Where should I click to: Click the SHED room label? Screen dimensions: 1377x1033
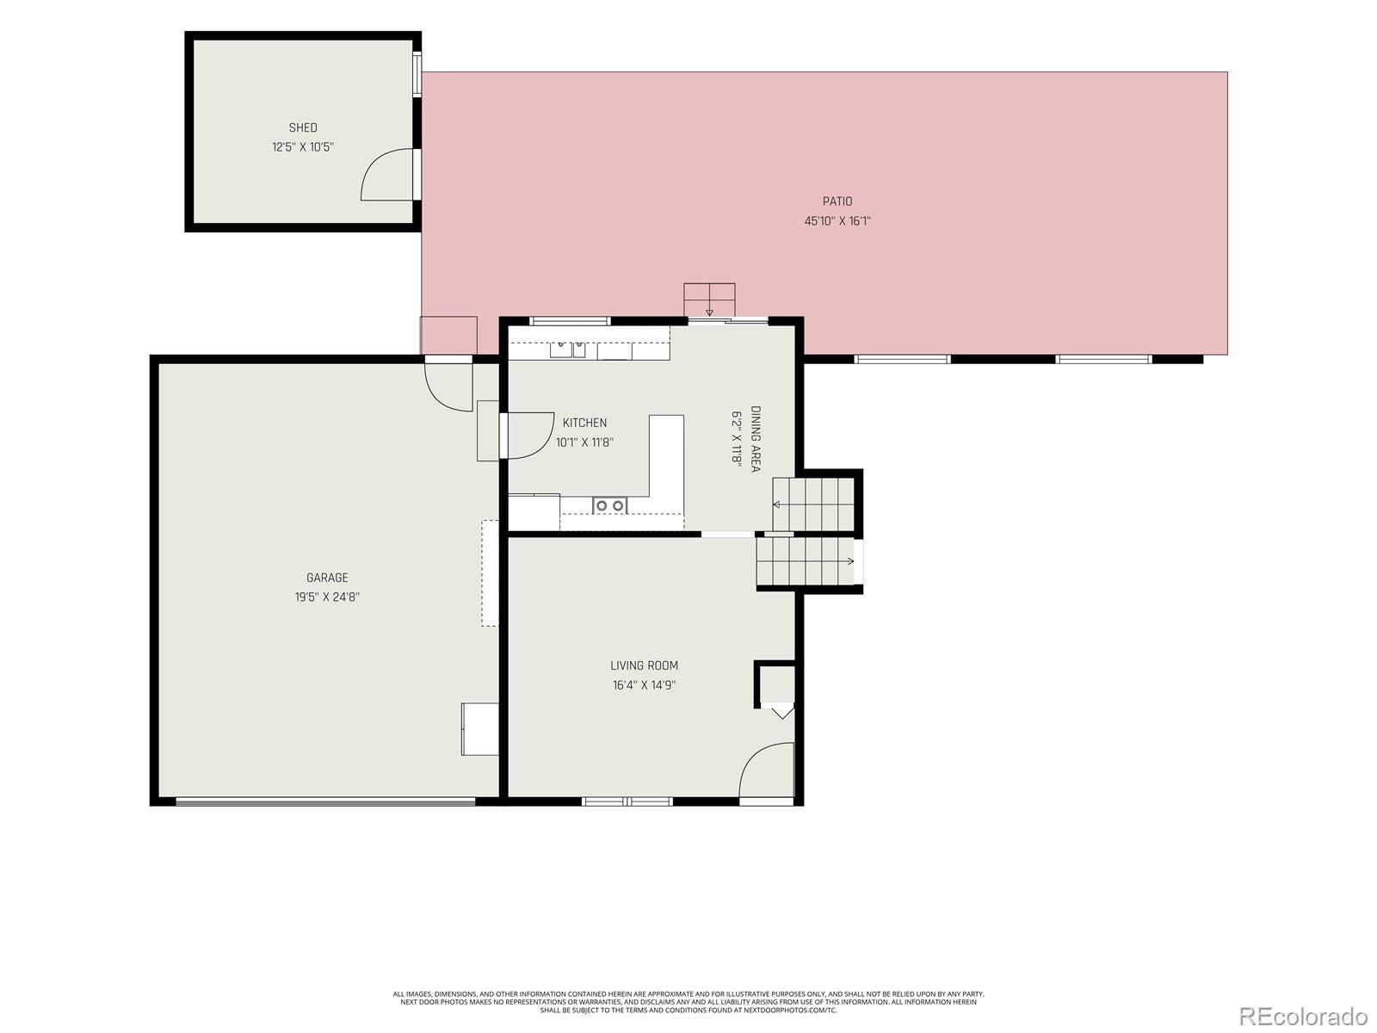[303, 127]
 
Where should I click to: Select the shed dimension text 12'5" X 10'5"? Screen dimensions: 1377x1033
[303, 146]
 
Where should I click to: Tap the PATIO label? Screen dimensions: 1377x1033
[837, 201]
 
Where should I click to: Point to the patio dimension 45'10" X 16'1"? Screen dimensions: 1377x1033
[837, 220]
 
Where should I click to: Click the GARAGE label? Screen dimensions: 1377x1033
[328, 578]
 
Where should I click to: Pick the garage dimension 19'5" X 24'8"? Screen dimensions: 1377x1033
[328, 597]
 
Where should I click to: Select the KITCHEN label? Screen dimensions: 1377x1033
[584, 423]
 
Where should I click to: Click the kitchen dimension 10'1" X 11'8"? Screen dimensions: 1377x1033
[584, 442]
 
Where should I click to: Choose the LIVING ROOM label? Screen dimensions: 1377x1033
[645, 665]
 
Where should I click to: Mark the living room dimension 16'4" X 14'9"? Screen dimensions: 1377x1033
[645, 685]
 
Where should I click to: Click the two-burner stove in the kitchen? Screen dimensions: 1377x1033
[610, 505]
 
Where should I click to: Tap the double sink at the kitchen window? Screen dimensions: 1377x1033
[568, 349]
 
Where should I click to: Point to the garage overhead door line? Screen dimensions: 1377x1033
[325, 801]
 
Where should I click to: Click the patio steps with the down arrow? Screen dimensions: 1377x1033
[709, 300]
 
